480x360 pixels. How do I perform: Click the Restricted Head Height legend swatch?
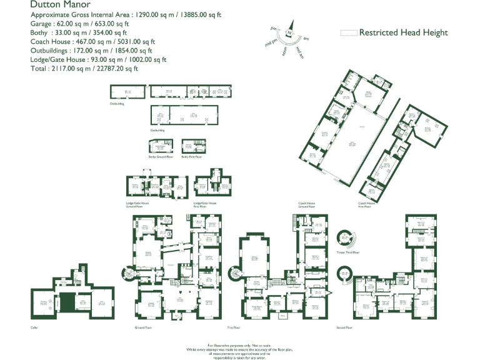pyautogui.click(x=349, y=32)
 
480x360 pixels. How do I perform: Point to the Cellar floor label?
pyautogui.click(x=34, y=327)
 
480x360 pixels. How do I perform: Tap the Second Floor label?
pyautogui.click(x=344, y=327)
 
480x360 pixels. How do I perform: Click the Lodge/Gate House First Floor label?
pyautogui.click(x=205, y=204)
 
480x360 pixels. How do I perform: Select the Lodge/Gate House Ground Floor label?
pyautogui.click(x=137, y=204)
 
